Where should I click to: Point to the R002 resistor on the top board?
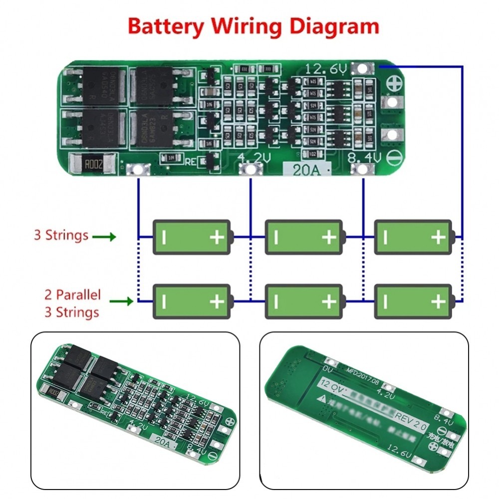click(x=94, y=163)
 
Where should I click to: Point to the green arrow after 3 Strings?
click(x=106, y=236)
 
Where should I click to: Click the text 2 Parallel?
click(x=72, y=294)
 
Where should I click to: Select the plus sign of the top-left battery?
click(x=217, y=237)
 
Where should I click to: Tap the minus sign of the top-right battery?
click(x=385, y=237)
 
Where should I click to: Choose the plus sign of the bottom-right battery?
click(x=438, y=301)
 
